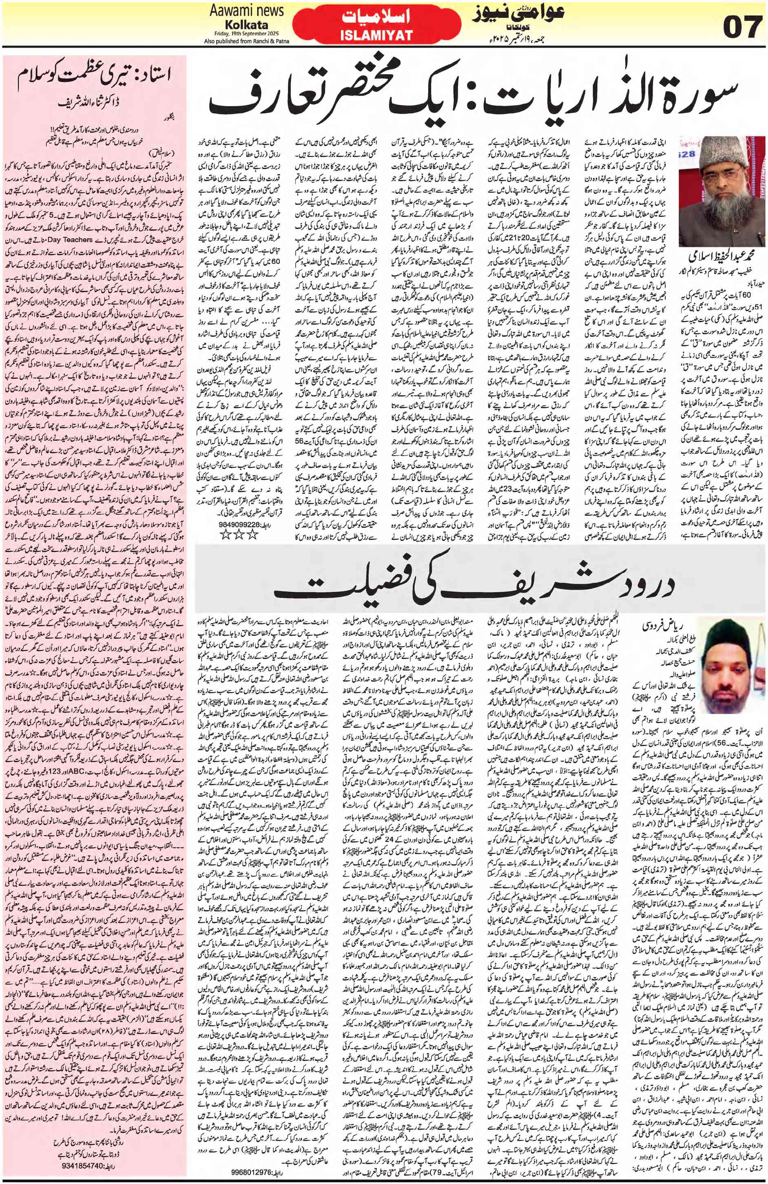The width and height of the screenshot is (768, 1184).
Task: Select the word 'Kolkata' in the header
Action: (x=245, y=24)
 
